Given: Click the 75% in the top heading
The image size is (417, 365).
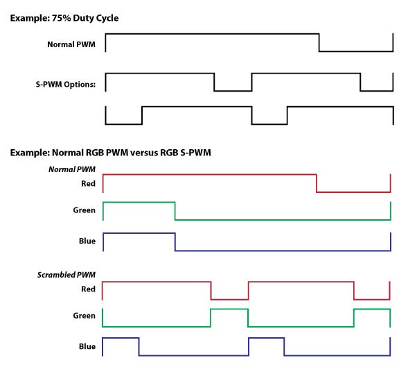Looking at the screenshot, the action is coord(61,18).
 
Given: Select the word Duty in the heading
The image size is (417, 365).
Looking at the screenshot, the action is coord(83,18).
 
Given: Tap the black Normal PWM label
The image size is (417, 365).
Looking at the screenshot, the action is coord(71,44).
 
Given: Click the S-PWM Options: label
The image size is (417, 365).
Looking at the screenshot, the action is coord(66,85).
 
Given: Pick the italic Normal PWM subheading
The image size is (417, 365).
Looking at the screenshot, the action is coord(72,169).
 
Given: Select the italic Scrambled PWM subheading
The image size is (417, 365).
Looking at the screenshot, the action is coord(66,275).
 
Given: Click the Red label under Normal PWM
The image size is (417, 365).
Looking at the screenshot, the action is coord(88,184).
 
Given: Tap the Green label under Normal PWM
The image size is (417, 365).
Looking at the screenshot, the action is coord(84,210).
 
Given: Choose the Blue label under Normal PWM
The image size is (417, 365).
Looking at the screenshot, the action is coord(87,241).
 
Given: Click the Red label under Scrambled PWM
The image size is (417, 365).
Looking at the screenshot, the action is coord(88,289).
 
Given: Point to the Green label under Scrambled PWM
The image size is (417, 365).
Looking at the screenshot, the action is coord(84,316).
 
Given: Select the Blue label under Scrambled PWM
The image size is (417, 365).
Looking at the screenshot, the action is coord(87,346).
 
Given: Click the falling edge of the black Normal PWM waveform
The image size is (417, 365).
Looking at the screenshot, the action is coord(319,42).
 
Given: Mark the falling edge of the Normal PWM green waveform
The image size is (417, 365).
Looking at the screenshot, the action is coord(175,211).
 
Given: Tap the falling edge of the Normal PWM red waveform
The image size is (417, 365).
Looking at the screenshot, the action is coord(317,183).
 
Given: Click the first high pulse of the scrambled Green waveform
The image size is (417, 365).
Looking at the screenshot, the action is coord(229,309).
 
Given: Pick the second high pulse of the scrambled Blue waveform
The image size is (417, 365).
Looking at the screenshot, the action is coord(267,338).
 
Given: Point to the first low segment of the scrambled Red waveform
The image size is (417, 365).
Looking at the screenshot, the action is coord(230,300).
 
